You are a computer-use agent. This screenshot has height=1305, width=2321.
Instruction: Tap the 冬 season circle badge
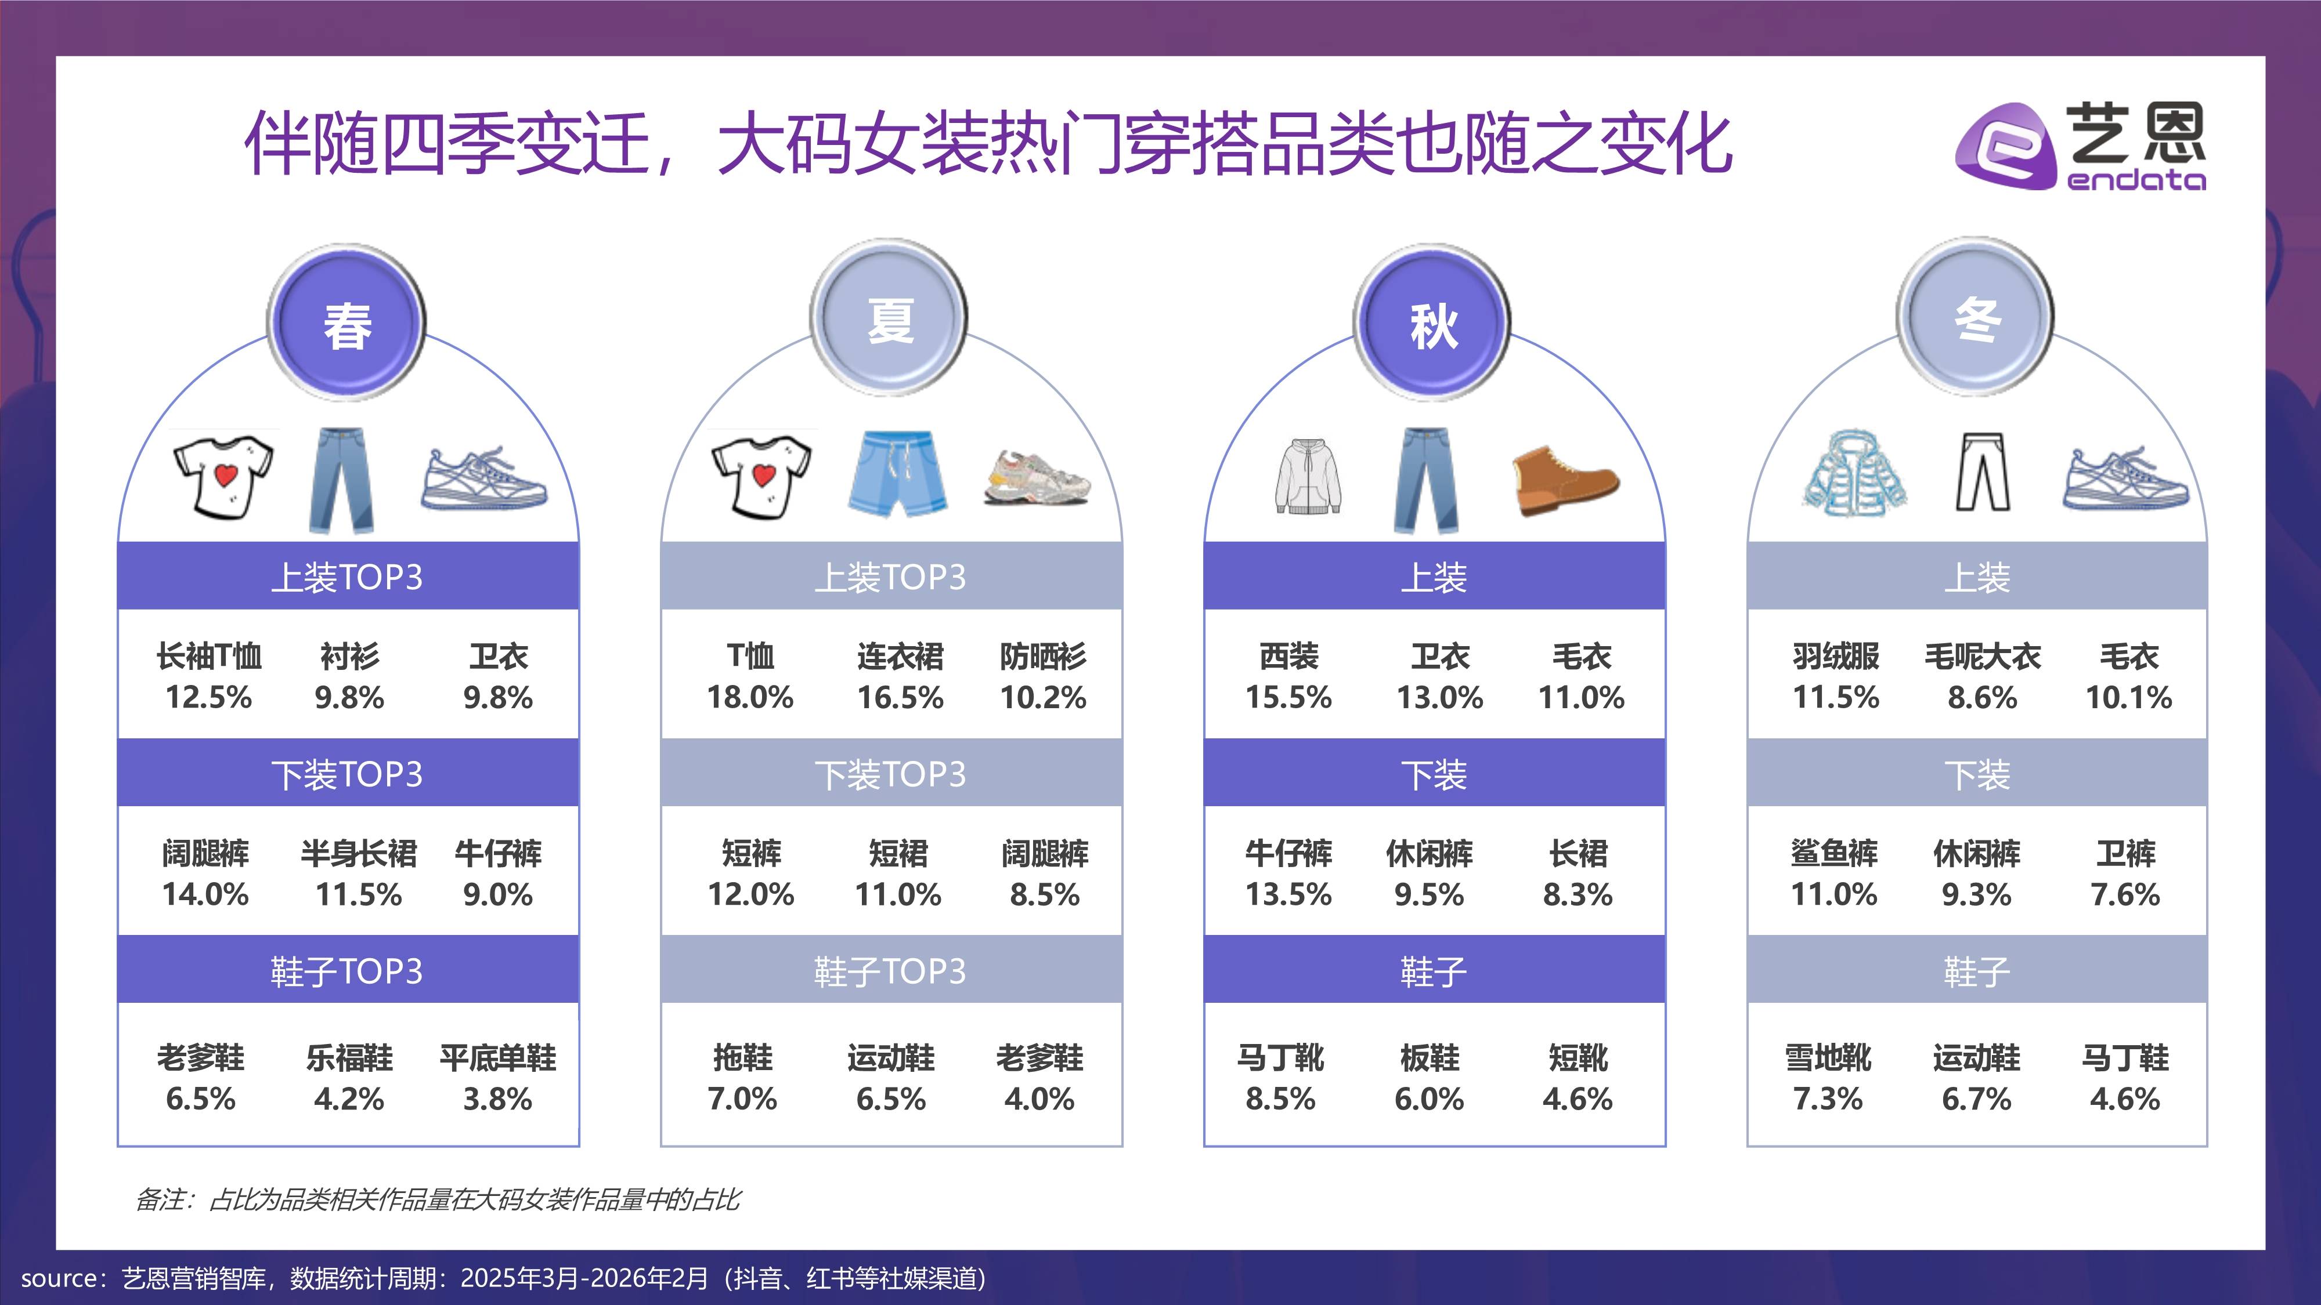coord(1975,317)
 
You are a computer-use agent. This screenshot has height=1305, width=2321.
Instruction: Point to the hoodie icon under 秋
coord(1308,476)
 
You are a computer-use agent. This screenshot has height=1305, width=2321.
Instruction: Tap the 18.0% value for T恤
coord(750,697)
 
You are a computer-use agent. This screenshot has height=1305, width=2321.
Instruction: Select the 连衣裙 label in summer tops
coord(900,657)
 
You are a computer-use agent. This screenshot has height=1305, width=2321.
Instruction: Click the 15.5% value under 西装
coord(1288,697)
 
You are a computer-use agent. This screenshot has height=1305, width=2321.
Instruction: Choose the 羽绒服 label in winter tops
coord(1835,657)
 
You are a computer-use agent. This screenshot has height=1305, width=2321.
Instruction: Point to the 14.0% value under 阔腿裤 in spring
coord(205,894)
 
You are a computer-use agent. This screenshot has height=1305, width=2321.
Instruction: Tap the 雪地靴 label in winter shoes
coord(1828,1057)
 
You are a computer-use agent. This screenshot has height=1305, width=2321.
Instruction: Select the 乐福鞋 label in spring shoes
coord(349,1057)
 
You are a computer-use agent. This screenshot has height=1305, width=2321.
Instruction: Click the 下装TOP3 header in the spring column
coord(347,774)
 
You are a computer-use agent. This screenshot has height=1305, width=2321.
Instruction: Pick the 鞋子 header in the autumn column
coord(1434,971)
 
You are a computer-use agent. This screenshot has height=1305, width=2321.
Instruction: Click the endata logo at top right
coord(2081,147)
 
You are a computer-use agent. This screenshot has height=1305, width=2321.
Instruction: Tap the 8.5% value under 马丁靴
coord(1280,1099)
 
